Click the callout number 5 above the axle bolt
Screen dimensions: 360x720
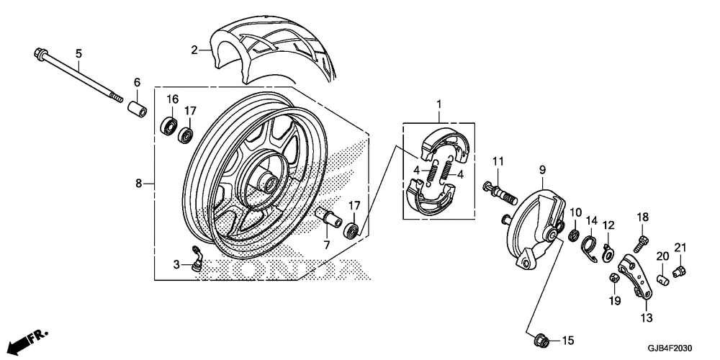coord(79,53)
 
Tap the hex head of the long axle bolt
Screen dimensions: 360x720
coord(38,53)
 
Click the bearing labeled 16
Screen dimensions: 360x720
coord(170,125)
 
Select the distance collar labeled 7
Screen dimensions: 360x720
coord(328,215)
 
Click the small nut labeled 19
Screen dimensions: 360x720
coord(614,278)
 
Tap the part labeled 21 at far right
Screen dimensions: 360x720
coord(679,271)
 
